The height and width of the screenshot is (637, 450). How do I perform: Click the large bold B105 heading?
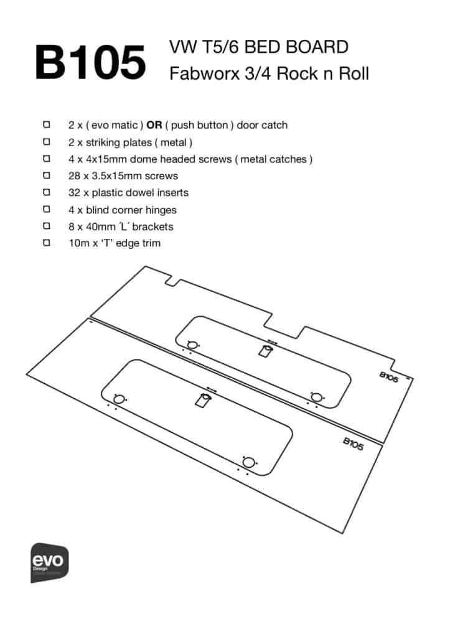pyautogui.click(x=90, y=62)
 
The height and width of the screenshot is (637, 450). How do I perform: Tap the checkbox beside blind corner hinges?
pyautogui.click(x=47, y=210)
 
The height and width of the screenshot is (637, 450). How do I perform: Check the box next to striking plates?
pyautogui.click(x=47, y=142)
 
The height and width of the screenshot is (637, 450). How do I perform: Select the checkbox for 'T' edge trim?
pyautogui.click(x=47, y=243)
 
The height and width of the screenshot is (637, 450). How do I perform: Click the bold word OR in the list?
pyautogui.click(x=154, y=125)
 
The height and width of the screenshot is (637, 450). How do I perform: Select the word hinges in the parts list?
pyautogui.click(x=161, y=210)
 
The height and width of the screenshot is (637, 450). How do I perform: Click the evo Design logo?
pyautogui.click(x=50, y=562)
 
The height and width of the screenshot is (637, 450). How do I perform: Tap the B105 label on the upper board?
pyautogui.click(x=388, y=378)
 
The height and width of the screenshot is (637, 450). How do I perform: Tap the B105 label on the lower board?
pyautogui.click(x=353, y=443)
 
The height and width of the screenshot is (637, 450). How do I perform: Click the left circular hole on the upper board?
pyautogui.click(x=192, y=345)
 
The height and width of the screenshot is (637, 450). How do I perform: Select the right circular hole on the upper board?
pyautogui.click(x=316, y=396)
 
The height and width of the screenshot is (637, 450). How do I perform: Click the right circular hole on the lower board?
pyautogui.click(x=248, y=462)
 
